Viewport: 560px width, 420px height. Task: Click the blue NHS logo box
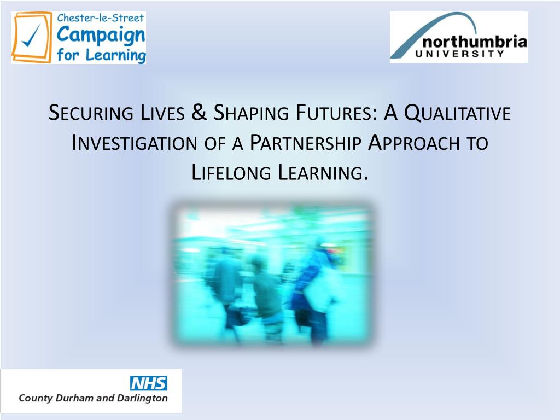click(148, 383)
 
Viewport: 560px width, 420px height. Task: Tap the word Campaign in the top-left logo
click(101, 35)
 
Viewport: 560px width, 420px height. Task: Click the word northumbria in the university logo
click(475, 42)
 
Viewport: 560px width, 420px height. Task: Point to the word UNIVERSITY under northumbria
click(459, 54)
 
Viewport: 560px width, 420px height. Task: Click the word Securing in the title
click(91, 113)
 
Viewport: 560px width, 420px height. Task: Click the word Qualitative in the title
click(457, 113)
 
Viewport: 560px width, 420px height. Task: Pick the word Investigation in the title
click(135, 143)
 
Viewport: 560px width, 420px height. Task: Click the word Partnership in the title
click(305, 143)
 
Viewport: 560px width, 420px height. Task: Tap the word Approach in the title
click(413, 143)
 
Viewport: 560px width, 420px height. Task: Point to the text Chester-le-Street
click(101, 17)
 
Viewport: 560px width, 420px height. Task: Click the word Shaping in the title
click(251, 113)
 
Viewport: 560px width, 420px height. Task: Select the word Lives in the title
click(162, 113)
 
